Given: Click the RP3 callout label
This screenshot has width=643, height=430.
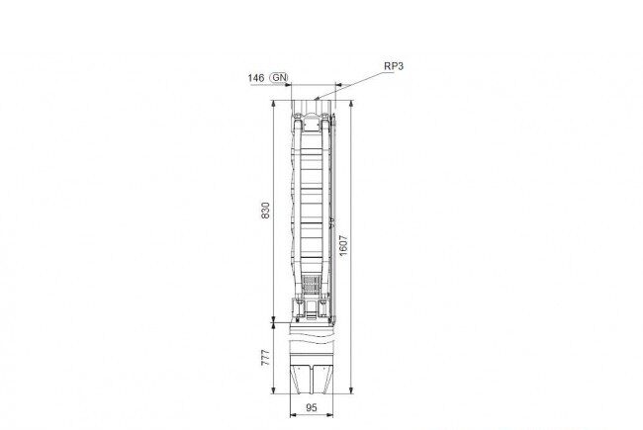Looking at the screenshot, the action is (x=394, y=66).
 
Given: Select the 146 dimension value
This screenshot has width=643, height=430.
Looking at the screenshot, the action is (x=256, y=77).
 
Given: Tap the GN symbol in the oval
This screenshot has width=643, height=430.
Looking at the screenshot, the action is (x=280, y=77).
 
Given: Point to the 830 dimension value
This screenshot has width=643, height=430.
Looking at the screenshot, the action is (x=266, y=211).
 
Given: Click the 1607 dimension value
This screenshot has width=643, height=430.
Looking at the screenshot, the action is (x=343, y=245).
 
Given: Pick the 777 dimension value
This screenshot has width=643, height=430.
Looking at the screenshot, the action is (x=266, y=358).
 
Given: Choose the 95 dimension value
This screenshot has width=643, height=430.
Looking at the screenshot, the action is (x=312, y=407).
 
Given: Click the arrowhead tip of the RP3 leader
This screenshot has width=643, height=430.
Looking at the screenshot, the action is (x=315, y=99).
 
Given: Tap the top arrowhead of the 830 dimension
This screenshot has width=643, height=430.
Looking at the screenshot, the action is (x=273, y=103).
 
